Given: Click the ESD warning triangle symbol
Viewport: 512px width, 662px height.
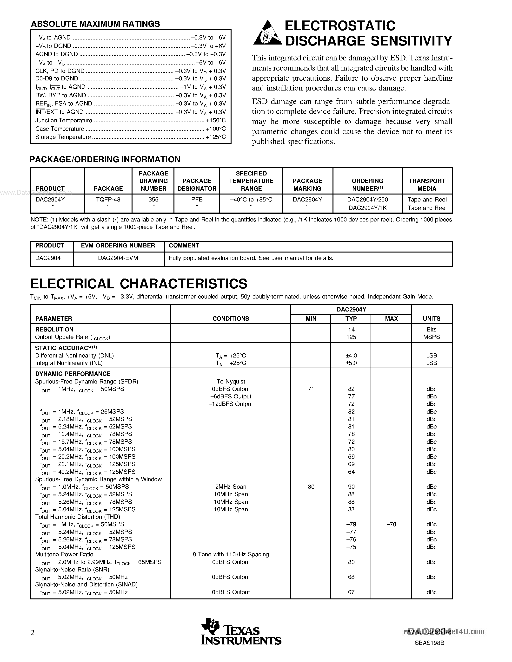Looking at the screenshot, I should [x=267, y=33].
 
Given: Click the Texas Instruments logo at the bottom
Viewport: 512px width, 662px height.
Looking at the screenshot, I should [x=241, y=631].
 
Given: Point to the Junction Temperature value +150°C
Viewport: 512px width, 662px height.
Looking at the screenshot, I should [x=216, y=120].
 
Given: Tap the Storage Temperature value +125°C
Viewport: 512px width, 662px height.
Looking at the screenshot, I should [x=216, y=137].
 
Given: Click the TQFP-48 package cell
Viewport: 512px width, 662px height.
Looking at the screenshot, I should [x=108, y=200].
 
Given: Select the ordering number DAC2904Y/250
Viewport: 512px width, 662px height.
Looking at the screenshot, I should [x=367, y=200].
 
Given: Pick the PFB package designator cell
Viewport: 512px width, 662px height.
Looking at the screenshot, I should [x=197, y=200].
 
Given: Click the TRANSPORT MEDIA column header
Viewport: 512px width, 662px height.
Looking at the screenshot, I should [x=427, y=185].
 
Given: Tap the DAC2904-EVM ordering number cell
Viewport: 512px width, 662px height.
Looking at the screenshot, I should [x=118, y=258].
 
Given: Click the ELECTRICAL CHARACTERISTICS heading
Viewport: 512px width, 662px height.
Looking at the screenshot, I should [x=139, y=284].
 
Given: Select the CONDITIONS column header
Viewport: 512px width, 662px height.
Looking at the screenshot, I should [x=231, y=318].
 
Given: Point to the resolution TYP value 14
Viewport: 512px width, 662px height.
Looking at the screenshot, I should [x=351, y=330].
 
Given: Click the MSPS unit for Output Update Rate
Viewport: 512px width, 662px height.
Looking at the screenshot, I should [x=431, y=337].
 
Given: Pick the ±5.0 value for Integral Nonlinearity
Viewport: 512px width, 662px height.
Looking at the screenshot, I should [x=351, y=363].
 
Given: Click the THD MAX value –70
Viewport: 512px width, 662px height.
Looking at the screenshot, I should [x=391, y=524].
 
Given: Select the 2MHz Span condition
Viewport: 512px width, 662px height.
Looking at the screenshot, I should [x=231, y=487].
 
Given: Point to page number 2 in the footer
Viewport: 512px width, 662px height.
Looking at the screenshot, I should [x=33, y=633].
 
